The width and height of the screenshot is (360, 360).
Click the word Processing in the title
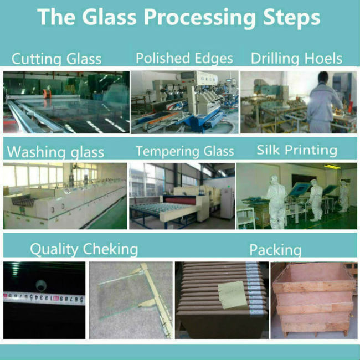pyautogui.click(x=199, y=18)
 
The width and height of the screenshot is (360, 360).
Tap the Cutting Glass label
pyautogui.click(x=56, y=59)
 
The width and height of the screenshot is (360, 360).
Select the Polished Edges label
pyautogui.click(x=184, y=58)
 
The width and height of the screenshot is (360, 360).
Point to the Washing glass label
pyautogui.click(x=55, y=152)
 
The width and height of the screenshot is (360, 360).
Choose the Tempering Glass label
pyautogui.click(x=185, y=151)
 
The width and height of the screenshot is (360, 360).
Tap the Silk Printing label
pyautogui.click(x=297, y=150)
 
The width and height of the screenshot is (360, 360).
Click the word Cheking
pyautogui.click(x=110, y=249)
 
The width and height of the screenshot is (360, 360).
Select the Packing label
pyautogui.click(x=275, y=250)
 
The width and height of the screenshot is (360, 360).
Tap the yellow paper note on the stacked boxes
pyautogui.click(x=233, y=295)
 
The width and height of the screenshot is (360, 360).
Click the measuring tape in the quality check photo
pyautogui.click(x=44, y=298)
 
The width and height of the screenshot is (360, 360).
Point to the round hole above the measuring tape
pyautogui.click(x=42, y=285)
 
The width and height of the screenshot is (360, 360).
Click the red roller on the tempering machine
pyautogui.click(x=181, y=201)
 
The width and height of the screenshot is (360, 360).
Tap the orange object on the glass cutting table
pyautogui.click(x=47, y=94)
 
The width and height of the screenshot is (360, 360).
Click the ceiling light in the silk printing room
pyautogui.click(x=332, y=167)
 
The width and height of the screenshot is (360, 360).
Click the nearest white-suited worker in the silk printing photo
pyautogui.click(x=277, y=202)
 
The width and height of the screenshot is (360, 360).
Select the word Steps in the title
pyautogui.click(x=291, y=18)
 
